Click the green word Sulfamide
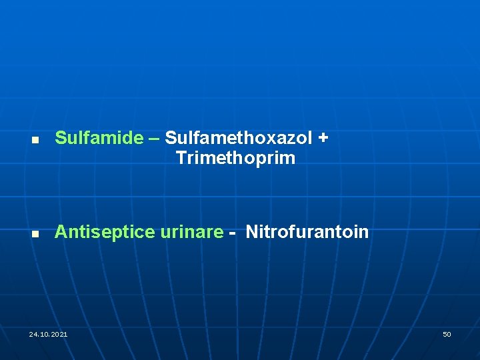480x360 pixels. point(99,138)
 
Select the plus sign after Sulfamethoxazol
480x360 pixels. point(323,138)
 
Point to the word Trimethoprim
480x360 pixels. point(235,159)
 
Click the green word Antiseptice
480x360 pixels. point(105,232)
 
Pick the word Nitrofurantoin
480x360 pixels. point(307,232)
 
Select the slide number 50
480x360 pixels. point(447,334)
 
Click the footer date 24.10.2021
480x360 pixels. point(48,334)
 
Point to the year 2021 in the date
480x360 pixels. point(59,334)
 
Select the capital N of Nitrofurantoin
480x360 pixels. point(252,232)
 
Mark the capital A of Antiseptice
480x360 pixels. point(61,232)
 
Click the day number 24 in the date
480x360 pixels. point(33,334)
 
